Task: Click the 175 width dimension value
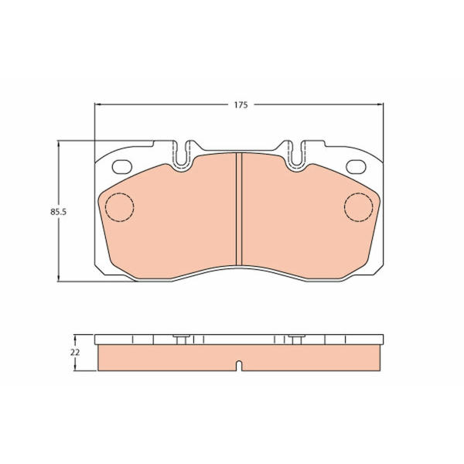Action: [241, 105]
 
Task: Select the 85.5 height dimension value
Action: [58, 212]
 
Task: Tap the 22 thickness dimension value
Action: [75, 353]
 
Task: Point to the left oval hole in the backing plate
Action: [122, 166]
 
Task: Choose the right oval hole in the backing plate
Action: [356, 166]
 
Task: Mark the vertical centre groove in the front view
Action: [239, 209]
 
